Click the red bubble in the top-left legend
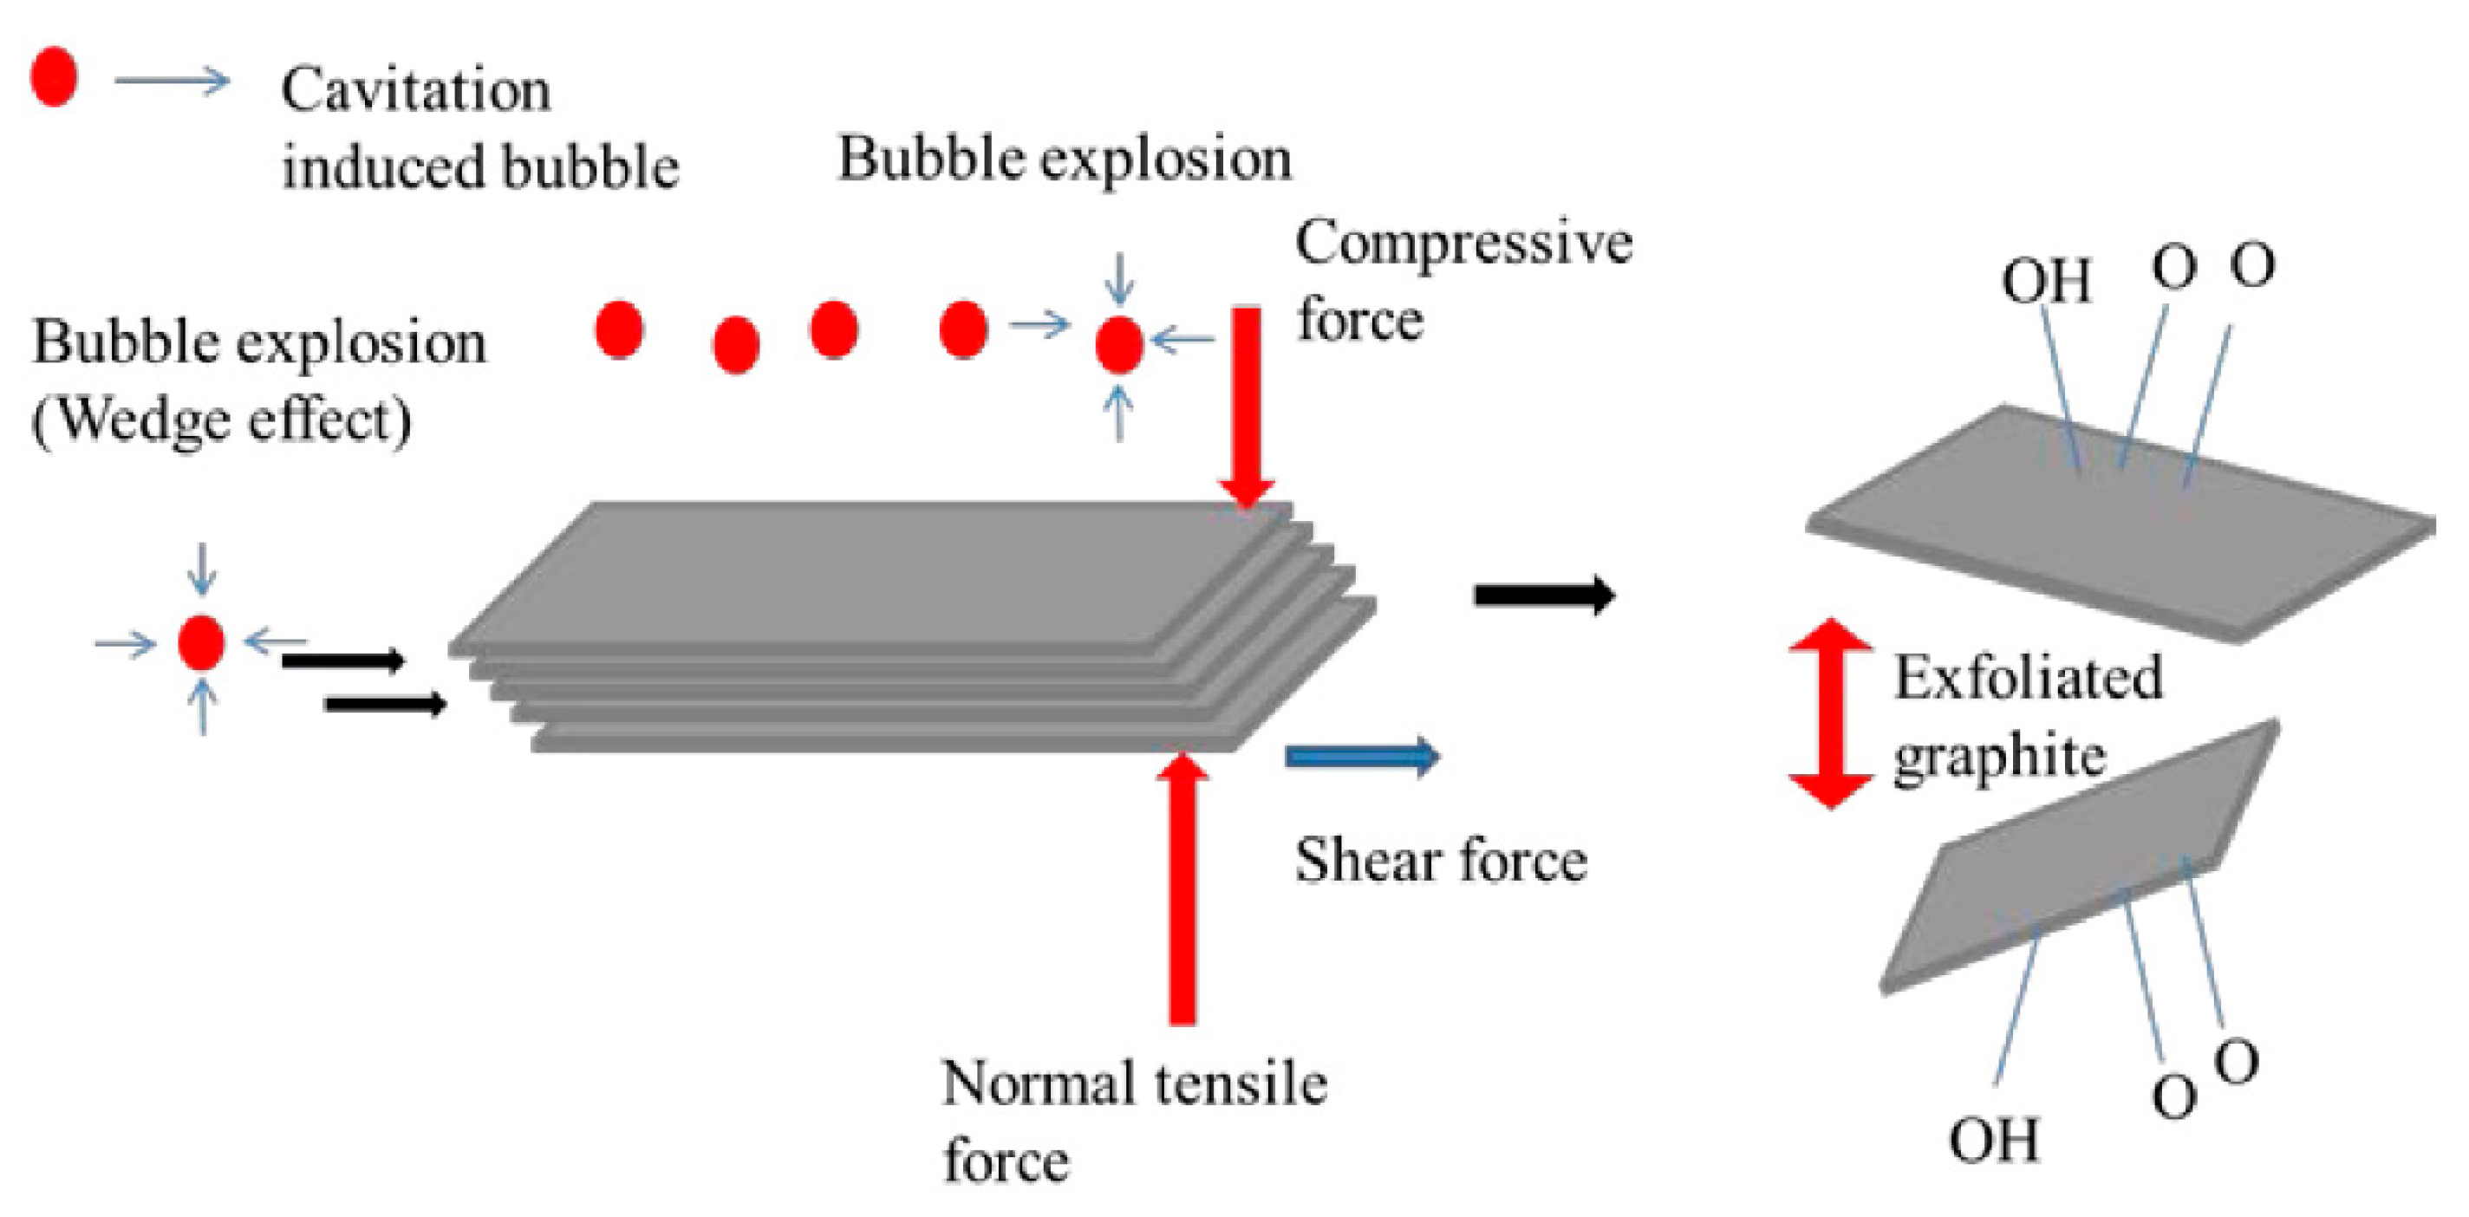click(54, 76)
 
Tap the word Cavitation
click(415, 91)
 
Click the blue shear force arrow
click(1361, 756)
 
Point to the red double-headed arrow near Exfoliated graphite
click(1831, 714)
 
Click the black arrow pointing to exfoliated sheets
click(1543, 595)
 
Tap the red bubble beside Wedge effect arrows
click(201, 642)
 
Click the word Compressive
click(1463, 244)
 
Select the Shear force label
click(1441, 861)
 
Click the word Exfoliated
click(2028, 678)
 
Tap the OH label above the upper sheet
click(2045, 282)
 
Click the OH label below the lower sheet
click(1994, 1141)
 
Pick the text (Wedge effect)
click(222, 420)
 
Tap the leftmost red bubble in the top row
click(619, 329)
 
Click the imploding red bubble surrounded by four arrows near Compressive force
click(1118, 345)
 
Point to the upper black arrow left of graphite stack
click(342, 661)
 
